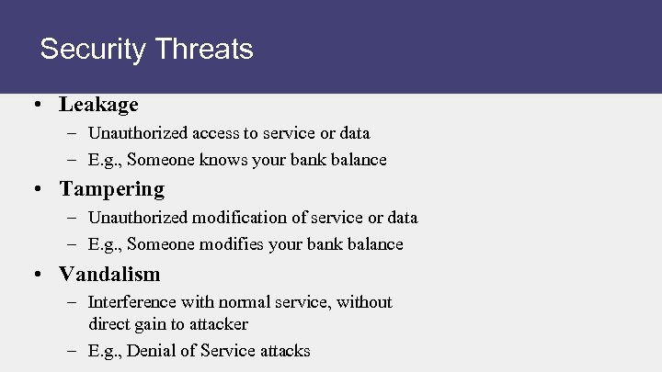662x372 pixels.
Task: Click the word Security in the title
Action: coord(90,49)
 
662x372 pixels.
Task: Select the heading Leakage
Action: coord(98,105)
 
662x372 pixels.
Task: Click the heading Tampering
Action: coord(111,189)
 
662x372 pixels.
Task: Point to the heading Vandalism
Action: coord(109,274)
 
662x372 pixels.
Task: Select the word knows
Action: coord(213,160)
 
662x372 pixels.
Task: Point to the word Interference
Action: coord(131,302)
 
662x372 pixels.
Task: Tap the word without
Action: coord(364,302)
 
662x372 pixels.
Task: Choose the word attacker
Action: coord(219,323)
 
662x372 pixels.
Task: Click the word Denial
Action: coord(151,350)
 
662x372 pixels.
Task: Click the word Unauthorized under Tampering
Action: coord(133,218)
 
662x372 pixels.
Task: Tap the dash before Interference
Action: coord(73,302)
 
